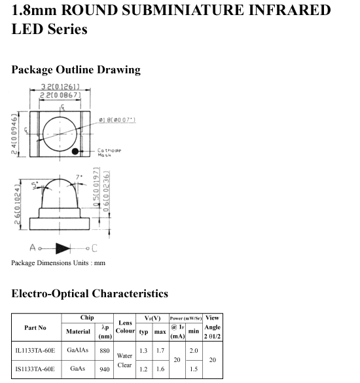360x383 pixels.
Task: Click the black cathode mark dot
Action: click(75, 151)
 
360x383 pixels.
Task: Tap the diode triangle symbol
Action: click(63, 248)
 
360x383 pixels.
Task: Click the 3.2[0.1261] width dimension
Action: click(60, 86)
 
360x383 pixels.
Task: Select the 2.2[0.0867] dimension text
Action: click(60, 95)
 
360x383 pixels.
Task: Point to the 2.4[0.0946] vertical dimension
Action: click(14, 134)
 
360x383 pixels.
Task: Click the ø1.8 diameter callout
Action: click(117, 120)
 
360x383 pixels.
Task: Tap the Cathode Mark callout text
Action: click(109, 153)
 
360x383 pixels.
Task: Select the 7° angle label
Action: click(79, 177)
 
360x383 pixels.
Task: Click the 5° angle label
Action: click(35, 186)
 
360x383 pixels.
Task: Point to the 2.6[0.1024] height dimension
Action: click(17, 204)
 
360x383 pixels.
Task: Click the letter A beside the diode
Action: click(33, 247)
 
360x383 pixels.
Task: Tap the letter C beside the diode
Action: click(94, 248)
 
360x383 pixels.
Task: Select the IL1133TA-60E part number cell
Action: click(35, 351)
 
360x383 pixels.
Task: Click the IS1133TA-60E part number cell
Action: click(35, 369)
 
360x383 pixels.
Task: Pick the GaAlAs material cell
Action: click(78, 350)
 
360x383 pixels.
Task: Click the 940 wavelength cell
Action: click(105, 369)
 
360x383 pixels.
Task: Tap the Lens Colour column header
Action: click(125, 327)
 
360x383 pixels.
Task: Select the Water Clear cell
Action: click(124, 360)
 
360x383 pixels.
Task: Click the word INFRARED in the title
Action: click(289, 10)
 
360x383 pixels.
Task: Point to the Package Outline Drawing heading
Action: click(76, 70)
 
